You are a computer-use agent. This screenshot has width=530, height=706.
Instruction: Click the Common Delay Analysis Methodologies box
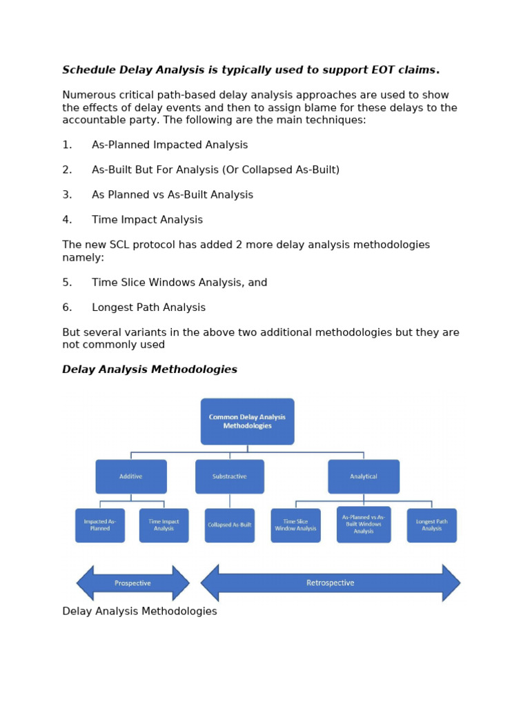pos(247,421)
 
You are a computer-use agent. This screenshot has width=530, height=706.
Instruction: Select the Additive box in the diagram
pos(131,476)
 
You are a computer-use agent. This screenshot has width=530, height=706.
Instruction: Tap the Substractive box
pos(229,476)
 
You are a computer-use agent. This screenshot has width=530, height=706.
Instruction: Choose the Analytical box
pos(364,476)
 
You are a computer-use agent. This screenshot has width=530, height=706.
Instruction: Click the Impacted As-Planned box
pos(100,525)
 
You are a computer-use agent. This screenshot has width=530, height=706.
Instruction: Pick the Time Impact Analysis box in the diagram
pos(164,525)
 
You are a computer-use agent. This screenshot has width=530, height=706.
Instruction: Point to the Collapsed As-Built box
pos(229,525)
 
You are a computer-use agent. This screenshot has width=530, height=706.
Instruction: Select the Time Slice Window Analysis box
pos(295,525)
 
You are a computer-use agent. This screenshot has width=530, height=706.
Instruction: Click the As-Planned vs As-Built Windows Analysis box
pos(364,525)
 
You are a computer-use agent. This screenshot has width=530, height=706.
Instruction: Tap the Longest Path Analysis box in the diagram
pos(431,525)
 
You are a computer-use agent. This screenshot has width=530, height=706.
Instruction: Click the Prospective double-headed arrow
pos(132,583)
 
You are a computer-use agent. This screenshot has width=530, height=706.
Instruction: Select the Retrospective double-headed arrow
pos(330,583)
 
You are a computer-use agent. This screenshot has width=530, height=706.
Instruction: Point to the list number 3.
pos(66,195)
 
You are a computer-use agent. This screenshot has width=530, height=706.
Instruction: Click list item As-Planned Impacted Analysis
pos(170,145)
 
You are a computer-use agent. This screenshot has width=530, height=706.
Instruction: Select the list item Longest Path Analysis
pos(148,307)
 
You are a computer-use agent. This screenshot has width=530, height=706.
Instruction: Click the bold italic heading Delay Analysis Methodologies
pos(150,370)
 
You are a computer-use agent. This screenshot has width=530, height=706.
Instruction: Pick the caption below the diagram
pos(139,612)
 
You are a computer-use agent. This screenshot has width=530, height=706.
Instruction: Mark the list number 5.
pos(66,283)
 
